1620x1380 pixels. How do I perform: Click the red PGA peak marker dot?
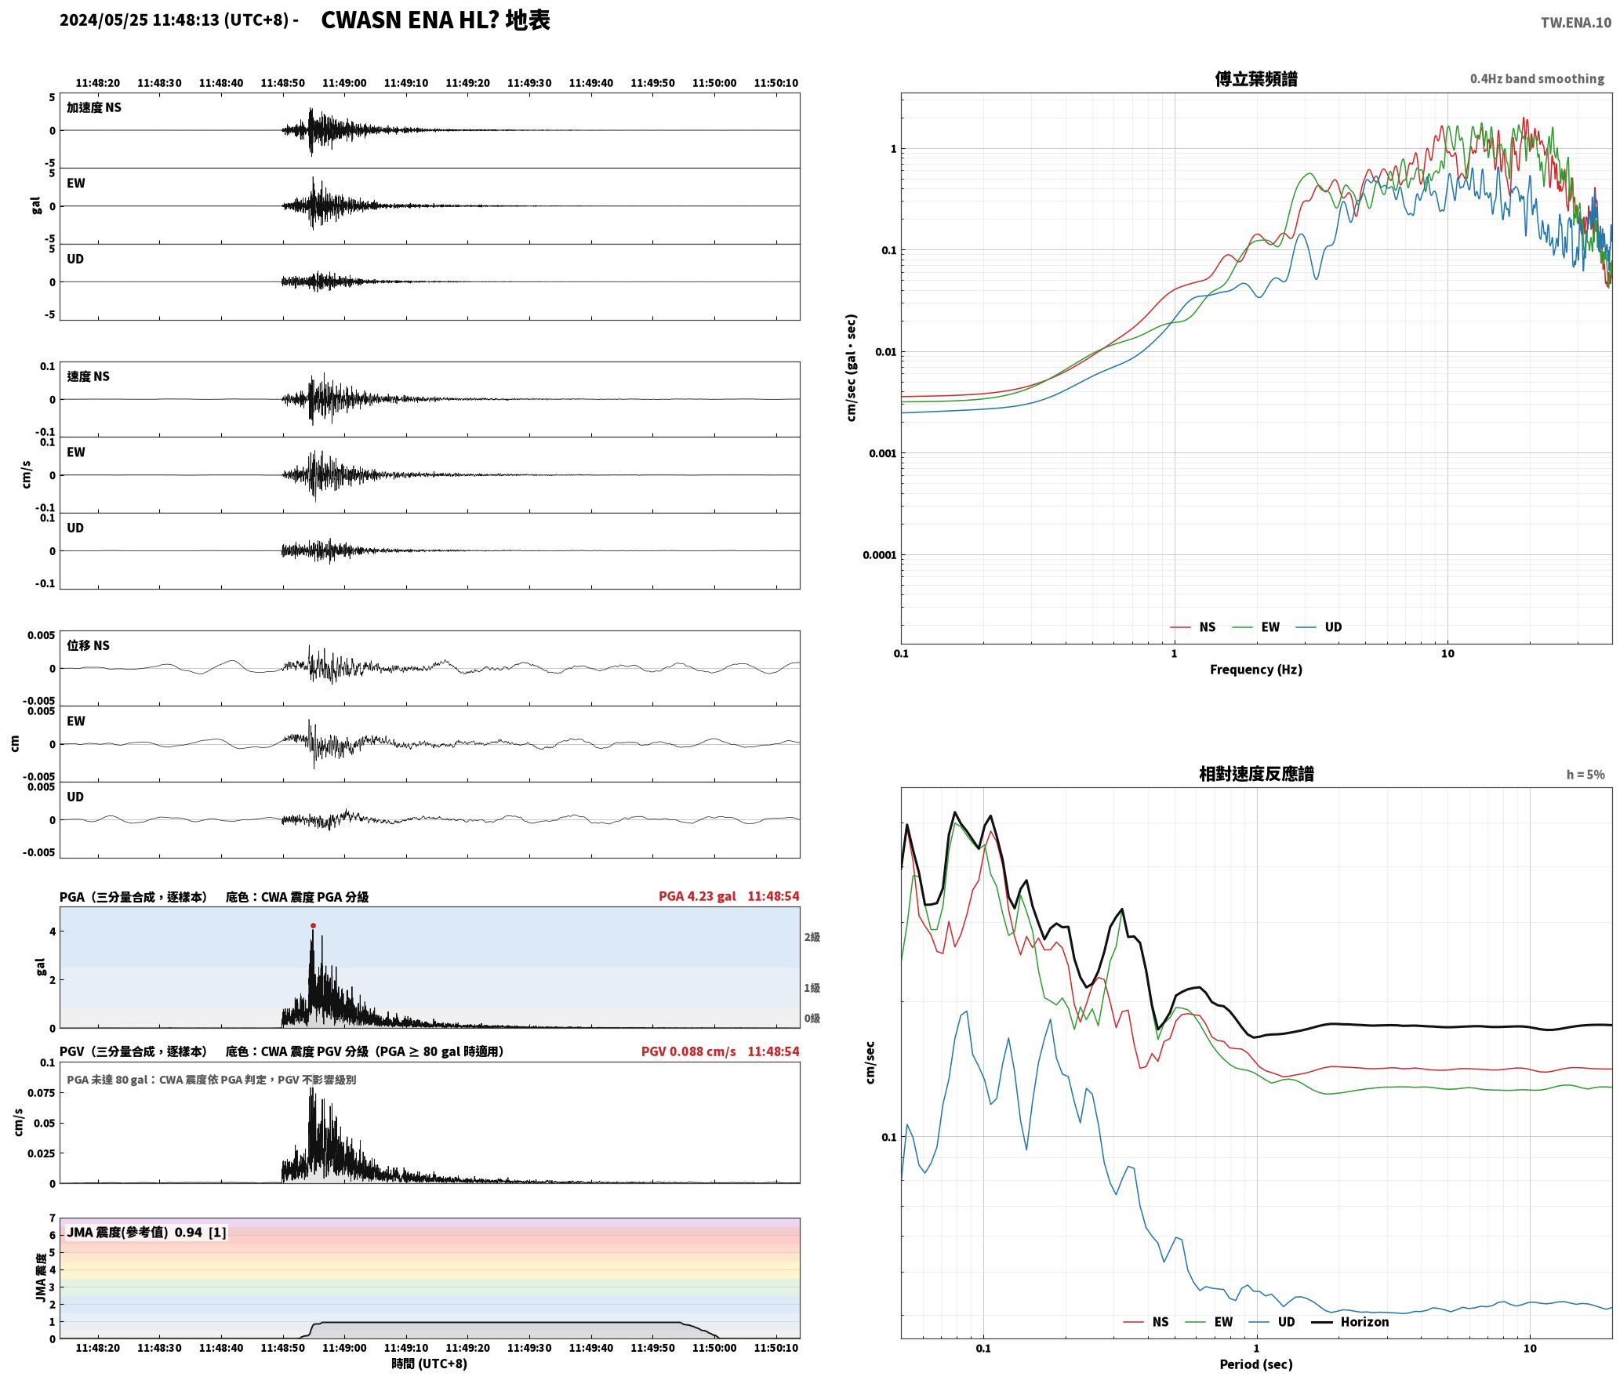click(x=313, y=925)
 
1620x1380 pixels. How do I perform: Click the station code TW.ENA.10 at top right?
click(x=1576, y=22)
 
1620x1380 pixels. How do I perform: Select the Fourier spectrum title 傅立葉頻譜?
click(x=1256, y=78)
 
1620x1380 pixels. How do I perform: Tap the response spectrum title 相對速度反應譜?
click(x=1256, y=774)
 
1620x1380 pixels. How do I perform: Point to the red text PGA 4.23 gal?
click(x=697, y=895)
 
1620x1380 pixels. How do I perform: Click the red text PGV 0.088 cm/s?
click(x=688, y=1051)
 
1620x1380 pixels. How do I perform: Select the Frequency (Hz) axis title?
click(x=1256, y=669)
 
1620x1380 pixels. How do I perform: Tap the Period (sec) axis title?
click(x=1256, y=1364)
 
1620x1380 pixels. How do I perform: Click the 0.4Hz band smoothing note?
click(x=1537, y=78)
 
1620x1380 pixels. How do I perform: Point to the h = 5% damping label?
click(x=1585, y=774)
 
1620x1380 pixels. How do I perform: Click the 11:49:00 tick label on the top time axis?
click(x=344, y=82)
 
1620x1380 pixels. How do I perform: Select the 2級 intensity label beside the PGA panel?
click(x=812, y=937)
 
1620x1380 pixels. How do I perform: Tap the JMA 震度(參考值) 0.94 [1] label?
click(x=147, y=1232)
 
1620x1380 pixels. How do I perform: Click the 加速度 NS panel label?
click(x=94, y=107)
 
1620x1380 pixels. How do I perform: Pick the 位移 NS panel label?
click(x=88, y=645)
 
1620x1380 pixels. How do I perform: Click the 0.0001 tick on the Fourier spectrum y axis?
click(x=879, y=555)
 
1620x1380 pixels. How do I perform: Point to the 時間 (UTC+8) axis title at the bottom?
click(x=430, y=1364)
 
